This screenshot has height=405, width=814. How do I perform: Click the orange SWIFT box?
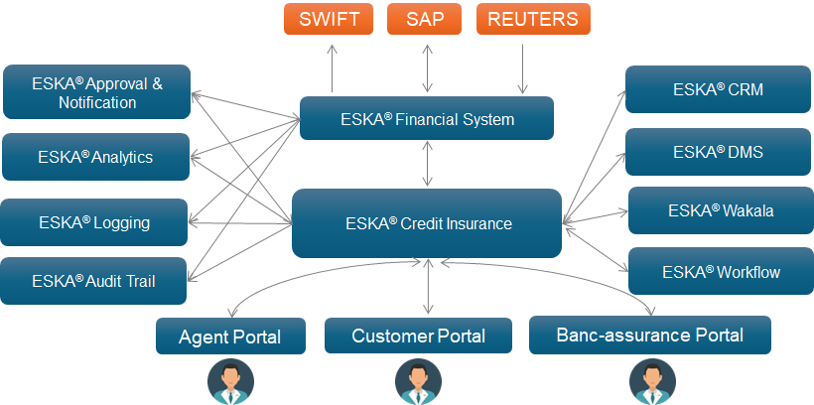(329, 19)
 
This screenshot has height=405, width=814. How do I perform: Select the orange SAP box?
(424, 19)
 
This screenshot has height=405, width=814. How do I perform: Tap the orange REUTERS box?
(533, 19)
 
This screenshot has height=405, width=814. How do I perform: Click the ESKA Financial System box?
(427, 118)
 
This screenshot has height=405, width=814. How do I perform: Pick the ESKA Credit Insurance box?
(427, 223)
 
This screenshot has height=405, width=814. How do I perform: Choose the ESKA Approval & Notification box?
(96, 92)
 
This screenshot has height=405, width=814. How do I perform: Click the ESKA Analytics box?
(95, 157)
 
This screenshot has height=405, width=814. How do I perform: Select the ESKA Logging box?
(93, 222)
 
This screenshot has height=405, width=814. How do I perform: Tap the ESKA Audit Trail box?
(93, 281)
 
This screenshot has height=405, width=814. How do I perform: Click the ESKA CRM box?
(719, 89)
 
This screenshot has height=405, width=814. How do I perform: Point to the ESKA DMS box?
(719, 152)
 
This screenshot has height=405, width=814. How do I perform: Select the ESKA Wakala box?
(721, 210)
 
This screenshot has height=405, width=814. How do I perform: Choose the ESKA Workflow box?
(721, 271)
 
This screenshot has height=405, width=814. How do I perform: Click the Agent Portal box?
(230, 336)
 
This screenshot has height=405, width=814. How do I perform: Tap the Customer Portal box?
(419, 336)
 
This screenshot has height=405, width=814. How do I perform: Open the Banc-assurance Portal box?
(650, 335)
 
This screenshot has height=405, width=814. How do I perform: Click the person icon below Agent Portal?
(230, 381)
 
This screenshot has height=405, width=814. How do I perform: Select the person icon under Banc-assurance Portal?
(652, 381)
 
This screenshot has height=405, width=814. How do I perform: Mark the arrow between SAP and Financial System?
(427, 68)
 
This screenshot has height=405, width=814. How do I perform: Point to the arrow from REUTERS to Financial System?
(522, 68)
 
